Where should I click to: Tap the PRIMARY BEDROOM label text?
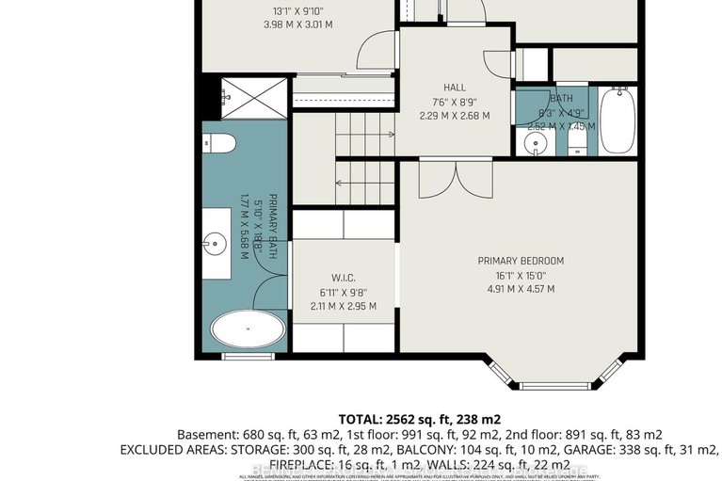coord(521,261)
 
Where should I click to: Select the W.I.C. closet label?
coord(344,278)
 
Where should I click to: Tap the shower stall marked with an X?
coord(246,91)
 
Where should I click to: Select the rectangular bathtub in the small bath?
coord(618,120)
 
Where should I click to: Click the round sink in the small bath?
coord(534,143)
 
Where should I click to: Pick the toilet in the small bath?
coord(576,142)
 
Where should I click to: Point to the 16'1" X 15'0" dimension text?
coord(521,275)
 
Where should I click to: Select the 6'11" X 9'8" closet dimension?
coord(344,292)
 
